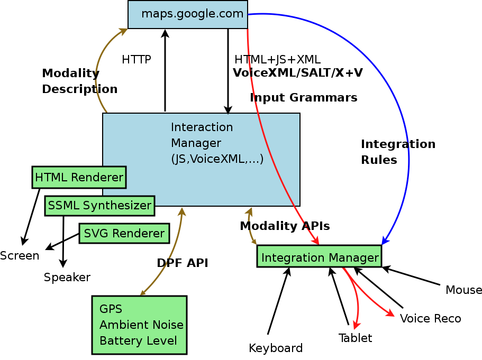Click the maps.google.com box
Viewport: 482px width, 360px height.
188,14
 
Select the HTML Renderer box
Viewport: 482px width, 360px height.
79,177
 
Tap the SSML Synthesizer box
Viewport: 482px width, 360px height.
99,205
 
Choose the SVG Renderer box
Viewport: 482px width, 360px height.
124,233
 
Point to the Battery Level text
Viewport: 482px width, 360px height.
138,341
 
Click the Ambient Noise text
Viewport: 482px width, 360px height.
141,325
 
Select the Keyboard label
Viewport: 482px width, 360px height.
275,348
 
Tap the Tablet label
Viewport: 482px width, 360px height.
355,338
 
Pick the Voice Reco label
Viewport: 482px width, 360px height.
430,318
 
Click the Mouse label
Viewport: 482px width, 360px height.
463,290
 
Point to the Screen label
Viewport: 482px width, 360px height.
20,256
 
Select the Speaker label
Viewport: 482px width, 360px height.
67,277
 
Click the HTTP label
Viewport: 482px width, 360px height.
136,60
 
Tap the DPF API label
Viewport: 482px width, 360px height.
182,263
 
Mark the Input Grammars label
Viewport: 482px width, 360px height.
303,98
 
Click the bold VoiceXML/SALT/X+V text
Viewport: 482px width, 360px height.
297,73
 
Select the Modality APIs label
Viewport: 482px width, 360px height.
285,226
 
